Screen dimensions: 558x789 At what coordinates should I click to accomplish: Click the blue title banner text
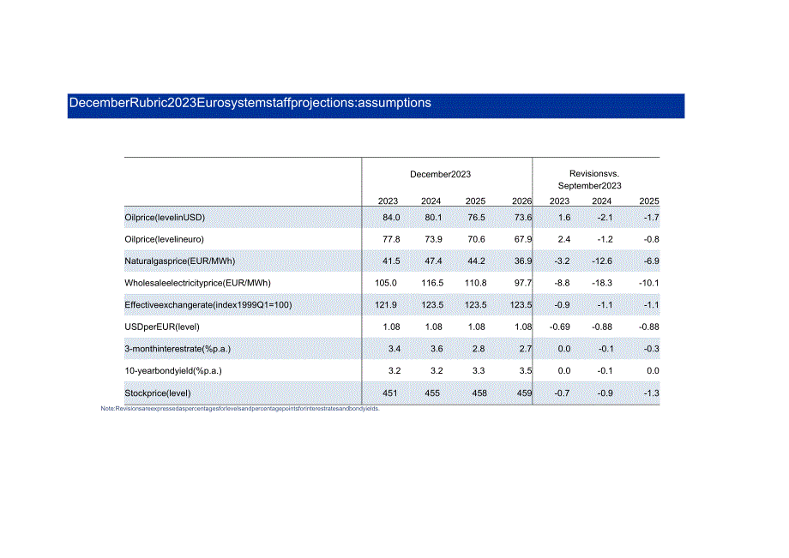pyautogui.click(x=250, y=103)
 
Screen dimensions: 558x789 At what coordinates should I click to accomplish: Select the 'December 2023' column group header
pyautogui.click(x=440, y=174)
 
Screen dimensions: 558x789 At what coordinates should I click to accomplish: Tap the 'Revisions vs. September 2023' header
pyautogui.click(x=589, y=179)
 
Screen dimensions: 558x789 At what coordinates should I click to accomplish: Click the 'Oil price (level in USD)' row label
pyautogui.click(x=166, y=218)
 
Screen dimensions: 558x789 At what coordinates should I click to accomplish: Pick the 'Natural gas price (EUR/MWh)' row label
pyautogui.click(x=180, y=261)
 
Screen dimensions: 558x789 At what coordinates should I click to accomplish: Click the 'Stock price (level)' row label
pyautogui.click(x=158, y=393)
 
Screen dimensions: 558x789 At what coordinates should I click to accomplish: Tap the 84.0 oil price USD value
pyautogui.click(x=390, y=218)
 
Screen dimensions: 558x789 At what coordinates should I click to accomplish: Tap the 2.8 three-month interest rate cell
pyautogui.click(x=475, y=349)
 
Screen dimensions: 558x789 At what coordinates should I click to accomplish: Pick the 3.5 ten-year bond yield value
pyautogui.click(x=525, y=371)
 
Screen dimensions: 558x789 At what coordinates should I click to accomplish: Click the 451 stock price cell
pyautogui.click(x=388, y=393)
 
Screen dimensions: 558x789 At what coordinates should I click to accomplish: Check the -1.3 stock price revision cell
pyautogui.click(x=650, y=393)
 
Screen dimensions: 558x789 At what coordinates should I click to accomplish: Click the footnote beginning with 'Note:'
pyautogui.click(x=240, y=409)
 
